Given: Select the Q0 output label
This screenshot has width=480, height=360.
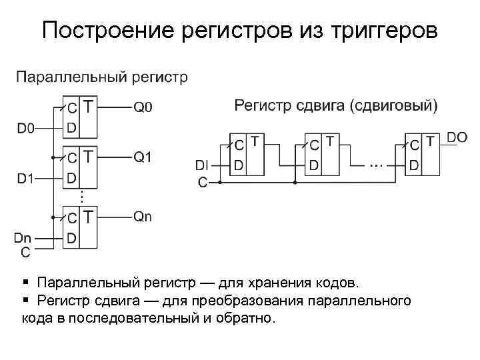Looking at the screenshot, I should (x=143, y=107).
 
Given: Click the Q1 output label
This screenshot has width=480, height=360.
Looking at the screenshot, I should (x=143, y=157).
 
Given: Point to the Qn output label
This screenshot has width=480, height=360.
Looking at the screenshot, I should (x=143, y=216).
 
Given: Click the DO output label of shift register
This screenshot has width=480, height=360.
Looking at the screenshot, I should (x=457, y=137).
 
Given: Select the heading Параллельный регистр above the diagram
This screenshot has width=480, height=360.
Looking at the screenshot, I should (x=101, y=77).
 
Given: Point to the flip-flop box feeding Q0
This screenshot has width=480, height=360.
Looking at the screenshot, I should (x=79, y=117).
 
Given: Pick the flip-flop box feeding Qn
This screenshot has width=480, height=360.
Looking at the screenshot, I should (x=79, y=227).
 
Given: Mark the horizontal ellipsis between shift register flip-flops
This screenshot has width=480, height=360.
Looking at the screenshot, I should (x=377, y=164).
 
